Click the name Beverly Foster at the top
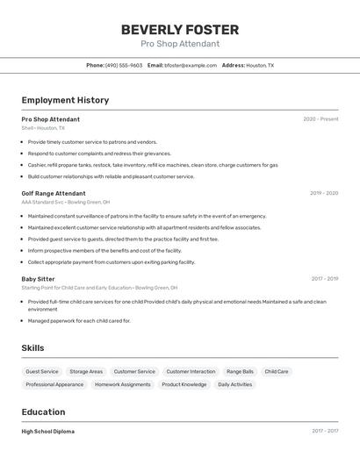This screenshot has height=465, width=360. pyautogui.click(x=180, y=30)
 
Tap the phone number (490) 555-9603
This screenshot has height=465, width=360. pyautogui.click(x=124, y=65)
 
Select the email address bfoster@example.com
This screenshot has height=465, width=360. pyautogui.click(x=189, y=65)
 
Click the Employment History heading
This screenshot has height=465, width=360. pyautogui.click(x=65, y=100)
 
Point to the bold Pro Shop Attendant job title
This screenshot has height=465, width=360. pyautogui.click(x=51, y=119)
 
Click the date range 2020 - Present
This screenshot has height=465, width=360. pyautogui.click(x=320, y=119)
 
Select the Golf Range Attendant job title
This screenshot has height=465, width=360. pyautogui.click(x=54, y=193)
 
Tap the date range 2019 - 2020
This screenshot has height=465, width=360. pyautogui.click(x=324, y=193)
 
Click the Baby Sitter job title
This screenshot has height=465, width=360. pyautogui.click(x=38, y=279)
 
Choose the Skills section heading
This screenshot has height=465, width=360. pyautogui.click(x=32, y=348)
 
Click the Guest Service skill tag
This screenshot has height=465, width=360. pyautogui.click(x=42, y=371)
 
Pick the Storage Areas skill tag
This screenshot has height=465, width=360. pyautogui.click(x=86, y=371)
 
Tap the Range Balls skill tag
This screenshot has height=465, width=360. pyautogui.click(x=240, y=371)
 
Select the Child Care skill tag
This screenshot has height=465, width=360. pyautogui.click(x=277, y=371)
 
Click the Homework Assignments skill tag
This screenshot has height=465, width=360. pyautogui.click(x=122, y=384)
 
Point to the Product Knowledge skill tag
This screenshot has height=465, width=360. pyautogui.click(x=184, y=384)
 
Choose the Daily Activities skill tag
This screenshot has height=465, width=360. pyautogui.click(x=234, y=384)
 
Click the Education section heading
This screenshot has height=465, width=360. pyautogui.click(x=43, y=412)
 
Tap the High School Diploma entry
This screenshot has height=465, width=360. pyautogui.click(x=48, y=432)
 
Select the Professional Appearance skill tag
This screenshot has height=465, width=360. pyautogui.click(x=54, y=384)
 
